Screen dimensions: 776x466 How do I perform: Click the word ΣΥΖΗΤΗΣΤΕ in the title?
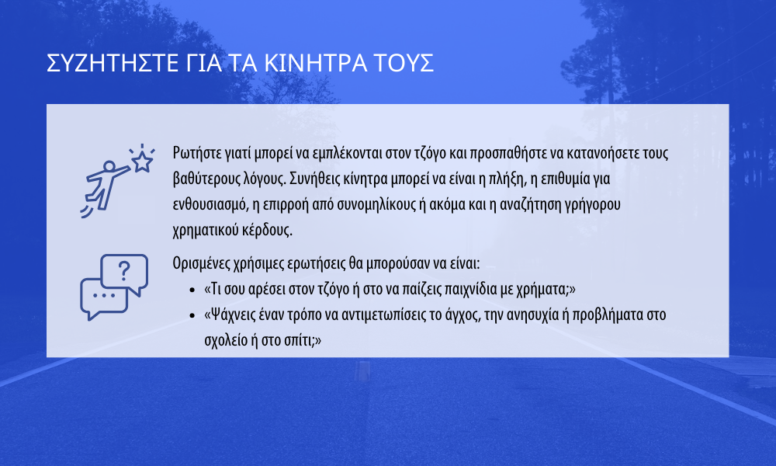(113, 64)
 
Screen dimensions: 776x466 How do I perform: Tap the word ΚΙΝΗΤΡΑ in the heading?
(316, 64)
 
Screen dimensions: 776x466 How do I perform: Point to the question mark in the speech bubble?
(123, 271)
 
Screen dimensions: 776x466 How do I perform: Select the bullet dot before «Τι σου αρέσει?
(192, 290)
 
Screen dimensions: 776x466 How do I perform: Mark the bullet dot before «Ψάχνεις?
(192, 316)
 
